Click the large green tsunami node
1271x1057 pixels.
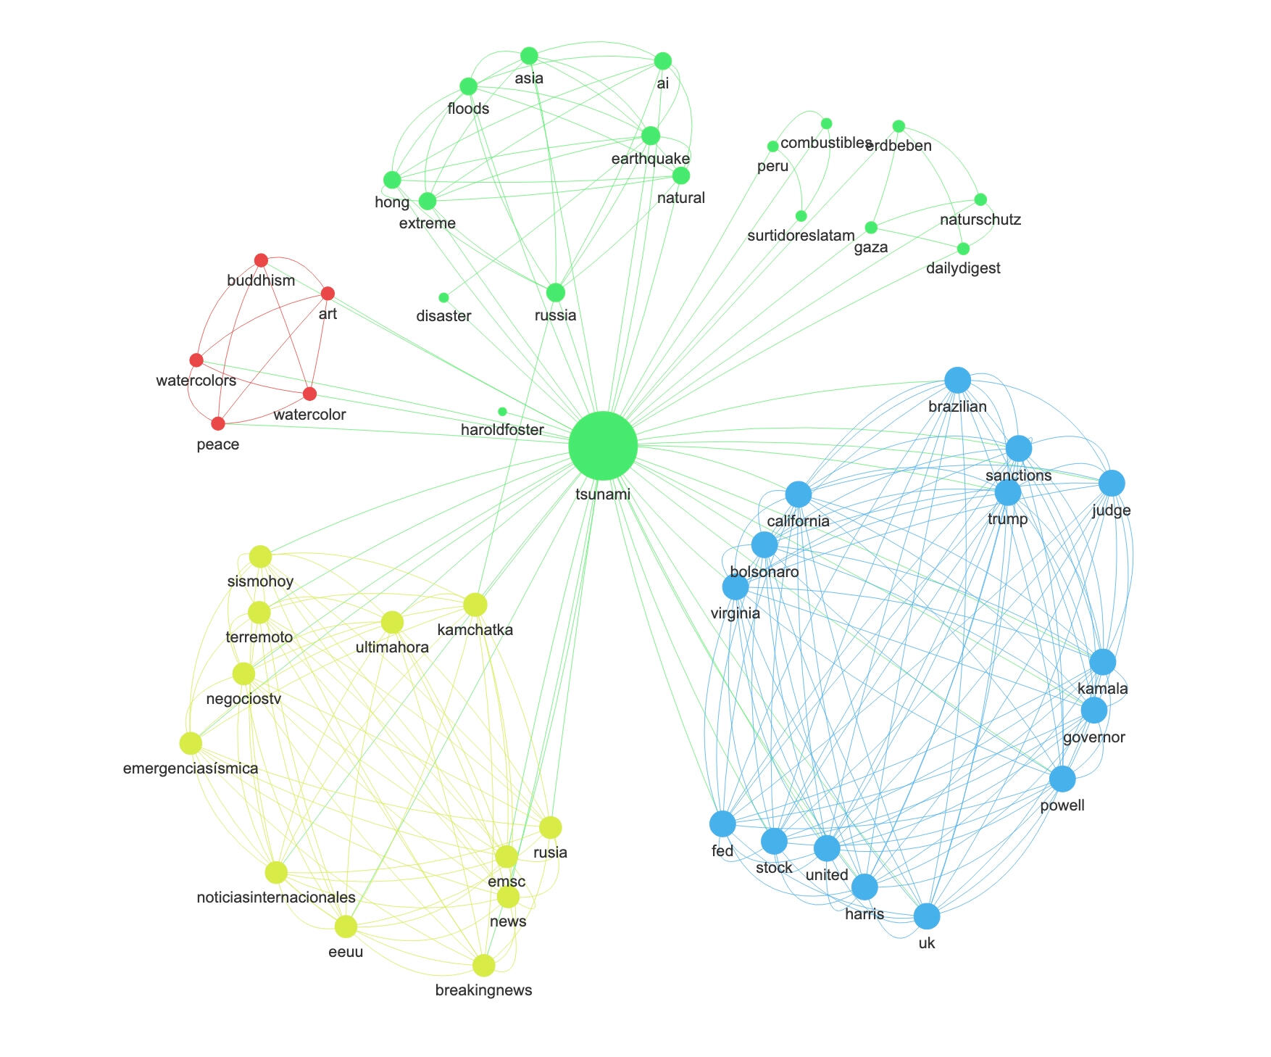tap(603, 446)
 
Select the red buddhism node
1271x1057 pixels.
tap(261, 260)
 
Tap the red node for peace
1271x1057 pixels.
tap(218, 423)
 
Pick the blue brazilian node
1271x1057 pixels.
tap(957, 380)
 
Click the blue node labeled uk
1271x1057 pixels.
tap(926, 916)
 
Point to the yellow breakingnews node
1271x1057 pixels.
tap(483, 965)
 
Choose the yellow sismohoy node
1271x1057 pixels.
tap(260, 557)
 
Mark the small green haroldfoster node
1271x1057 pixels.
tap(502, 412)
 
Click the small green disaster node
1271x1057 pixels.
tap(443, 297)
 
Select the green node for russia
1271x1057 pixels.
tap(555, 292)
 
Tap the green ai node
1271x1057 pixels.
tap(662, 61)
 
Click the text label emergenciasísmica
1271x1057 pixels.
tap(191, 768)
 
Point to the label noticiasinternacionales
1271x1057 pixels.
tap(276, 898)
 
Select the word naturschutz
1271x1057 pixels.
tap(980, 220)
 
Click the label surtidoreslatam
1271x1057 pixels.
tap(801, 236)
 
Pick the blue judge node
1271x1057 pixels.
tap(1111, 483)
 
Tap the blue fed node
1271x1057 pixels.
tap(722, 824)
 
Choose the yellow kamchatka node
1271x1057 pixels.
tap(475, 605)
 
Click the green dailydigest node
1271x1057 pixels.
tap(963, 249)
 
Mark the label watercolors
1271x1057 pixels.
tap(196, 381)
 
